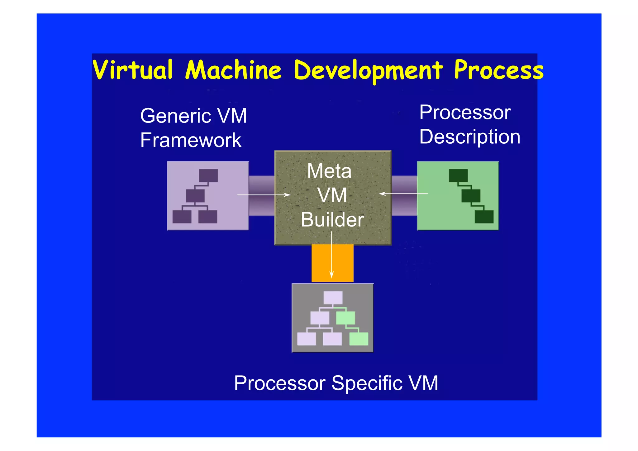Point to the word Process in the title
coord(498,70)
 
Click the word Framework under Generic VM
coord(191,140)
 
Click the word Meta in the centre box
coord(329,171)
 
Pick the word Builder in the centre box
coord(332,219)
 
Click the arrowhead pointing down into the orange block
coord(331,274)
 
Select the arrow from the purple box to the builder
coord(264,195)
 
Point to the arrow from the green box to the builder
coord(403,194)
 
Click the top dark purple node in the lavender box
coord(208,175)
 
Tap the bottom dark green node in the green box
coord(484,217)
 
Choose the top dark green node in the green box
coord(458,175)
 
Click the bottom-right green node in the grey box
coord(359,339)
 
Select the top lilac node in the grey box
coord(333,298)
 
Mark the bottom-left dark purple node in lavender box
coord(182,217)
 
